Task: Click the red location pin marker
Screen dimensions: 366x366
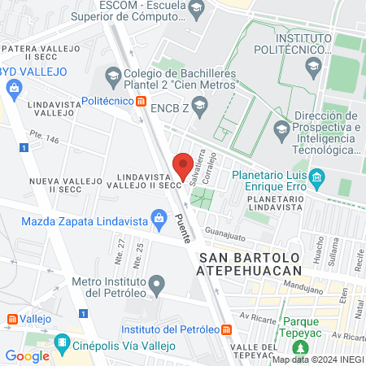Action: pos(183,166)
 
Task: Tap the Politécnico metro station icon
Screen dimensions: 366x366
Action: pos(142,102)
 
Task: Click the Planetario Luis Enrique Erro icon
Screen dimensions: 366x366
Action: pos(317,176)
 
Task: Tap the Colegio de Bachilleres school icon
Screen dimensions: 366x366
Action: pos(112,78)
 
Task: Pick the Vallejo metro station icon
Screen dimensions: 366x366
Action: pos(11,320)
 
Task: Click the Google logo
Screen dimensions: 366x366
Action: pos(27,355)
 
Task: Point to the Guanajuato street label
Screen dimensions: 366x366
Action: pos(224,235)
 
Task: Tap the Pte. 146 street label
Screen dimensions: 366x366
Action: pos(44,140)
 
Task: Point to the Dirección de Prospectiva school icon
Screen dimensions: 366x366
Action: pos(281,128)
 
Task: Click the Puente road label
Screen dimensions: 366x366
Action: pos(183,228)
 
